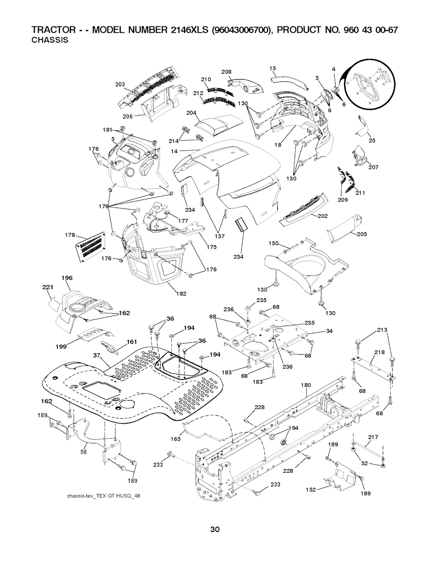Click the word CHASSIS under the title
coord(51,40)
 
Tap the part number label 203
coord(120,84)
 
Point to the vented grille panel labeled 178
coord(90,245)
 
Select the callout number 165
coord(175,439)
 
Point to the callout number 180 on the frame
coord(306,385)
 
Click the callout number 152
coord(311,490)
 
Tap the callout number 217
coord(373,437)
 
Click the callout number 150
coord(273,243)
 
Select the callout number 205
coord(362,234)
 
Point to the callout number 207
coord(373,167)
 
